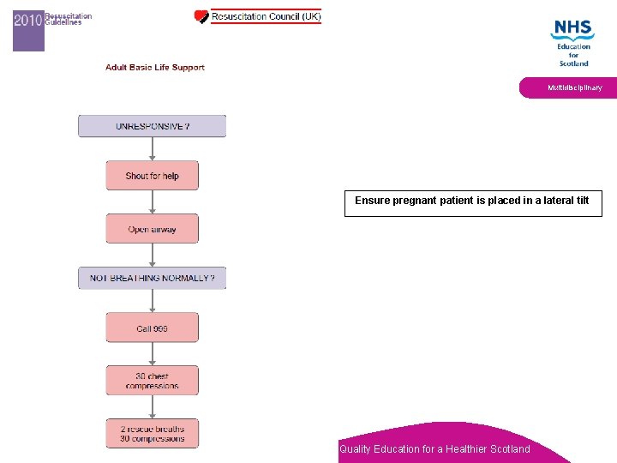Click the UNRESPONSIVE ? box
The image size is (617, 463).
pos(153,126)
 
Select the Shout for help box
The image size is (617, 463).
pos(153,176)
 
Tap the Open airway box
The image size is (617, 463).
pos(153,229)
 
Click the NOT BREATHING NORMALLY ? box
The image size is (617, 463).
pos(153,278)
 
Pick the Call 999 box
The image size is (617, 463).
pos(153,328)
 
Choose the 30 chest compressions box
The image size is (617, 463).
pos(153,381)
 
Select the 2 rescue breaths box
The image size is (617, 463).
pos(153,433)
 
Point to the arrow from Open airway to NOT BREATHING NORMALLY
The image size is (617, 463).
pos(153,255)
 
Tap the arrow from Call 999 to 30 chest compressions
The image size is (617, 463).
pos(153,354)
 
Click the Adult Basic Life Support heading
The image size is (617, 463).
pos(155,68)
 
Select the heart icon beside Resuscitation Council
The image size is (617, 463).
pos(201,16)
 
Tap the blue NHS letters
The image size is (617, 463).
pos(572,29)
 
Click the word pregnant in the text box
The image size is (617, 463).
pos(418,201)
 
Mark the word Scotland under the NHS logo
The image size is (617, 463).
pos(573,63)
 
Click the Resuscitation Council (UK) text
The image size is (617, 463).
pos(267,16)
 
